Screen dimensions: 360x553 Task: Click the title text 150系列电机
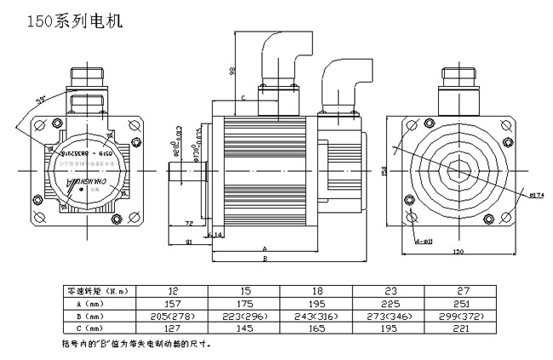click(x=76, y=20)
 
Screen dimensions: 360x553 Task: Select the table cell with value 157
click(x=173, y=302)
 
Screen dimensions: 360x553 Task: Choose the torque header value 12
click(x=173, y=290)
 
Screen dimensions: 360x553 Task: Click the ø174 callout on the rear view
click(x=536, y=195)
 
